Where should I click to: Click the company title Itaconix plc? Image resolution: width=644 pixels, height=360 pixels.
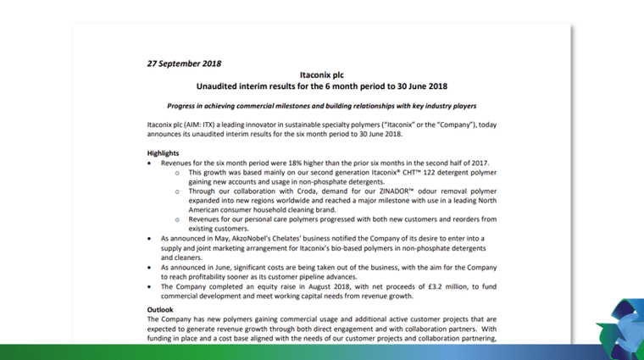coord(321,75)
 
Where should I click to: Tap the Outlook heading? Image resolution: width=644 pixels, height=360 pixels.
coord(161,310)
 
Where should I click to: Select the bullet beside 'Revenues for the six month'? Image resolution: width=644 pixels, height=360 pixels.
coord(150,163)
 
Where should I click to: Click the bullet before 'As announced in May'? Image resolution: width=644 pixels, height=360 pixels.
coord(150,239)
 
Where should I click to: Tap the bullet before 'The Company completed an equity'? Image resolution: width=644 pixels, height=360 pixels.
coord(150,288)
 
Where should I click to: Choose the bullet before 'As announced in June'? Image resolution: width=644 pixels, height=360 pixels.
coord(150,263)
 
